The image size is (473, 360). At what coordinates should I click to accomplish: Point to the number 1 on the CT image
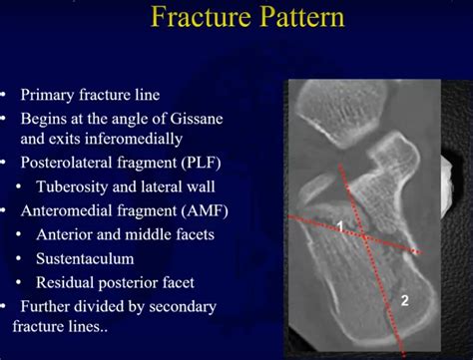click(x=339, y=227)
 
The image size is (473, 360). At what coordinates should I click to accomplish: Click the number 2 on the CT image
click(x=404, y=299)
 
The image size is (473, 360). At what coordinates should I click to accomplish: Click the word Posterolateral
click(x=68, y=163)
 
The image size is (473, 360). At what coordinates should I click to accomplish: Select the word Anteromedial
click(x=66, y=211)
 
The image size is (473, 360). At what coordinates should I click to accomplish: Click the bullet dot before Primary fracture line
click(x=7, y=96)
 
